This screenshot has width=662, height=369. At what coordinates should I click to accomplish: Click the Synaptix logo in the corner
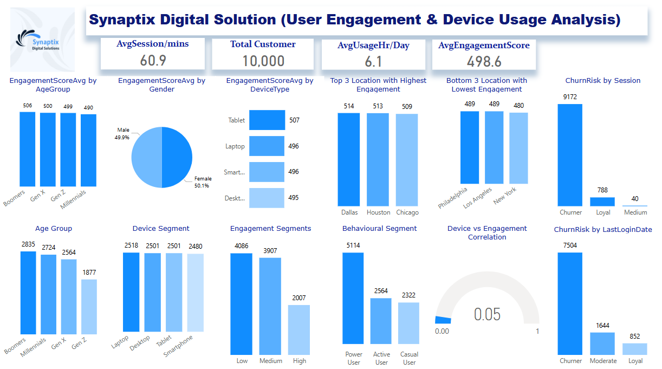(42, 40)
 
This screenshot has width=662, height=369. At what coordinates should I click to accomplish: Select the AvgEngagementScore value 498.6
(484, 61)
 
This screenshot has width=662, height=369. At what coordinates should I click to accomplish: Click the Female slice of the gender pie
(177, 157)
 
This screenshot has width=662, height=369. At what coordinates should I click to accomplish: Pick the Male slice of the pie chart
(147, 157)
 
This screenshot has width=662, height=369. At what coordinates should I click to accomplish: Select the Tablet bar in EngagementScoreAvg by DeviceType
(267, 120)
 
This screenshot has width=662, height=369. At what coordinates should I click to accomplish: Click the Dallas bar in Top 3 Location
(349, 159)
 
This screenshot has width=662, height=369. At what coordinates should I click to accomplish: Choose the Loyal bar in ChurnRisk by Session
(602, 201)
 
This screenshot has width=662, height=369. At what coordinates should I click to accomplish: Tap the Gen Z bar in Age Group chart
(89, 314)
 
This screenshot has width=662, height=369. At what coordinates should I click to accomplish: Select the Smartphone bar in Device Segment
(196, 293)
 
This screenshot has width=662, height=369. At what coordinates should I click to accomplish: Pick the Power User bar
(353, 298)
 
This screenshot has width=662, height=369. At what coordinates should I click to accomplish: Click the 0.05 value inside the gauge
(487, 314)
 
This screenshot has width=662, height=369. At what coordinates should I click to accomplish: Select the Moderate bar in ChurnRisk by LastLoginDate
(602, 344)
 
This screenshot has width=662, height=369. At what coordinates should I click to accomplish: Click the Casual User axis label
(410, 358)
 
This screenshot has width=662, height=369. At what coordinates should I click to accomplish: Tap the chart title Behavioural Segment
(379, 229)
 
